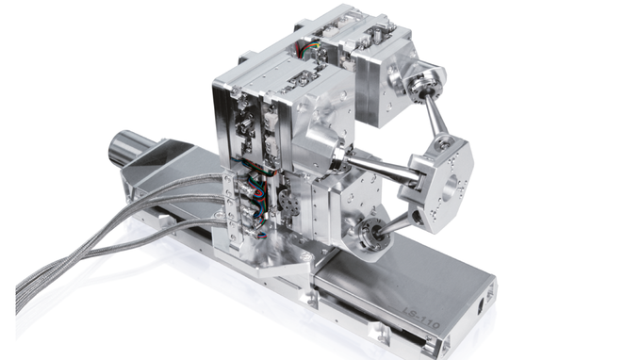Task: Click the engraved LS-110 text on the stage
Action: pos(421,317)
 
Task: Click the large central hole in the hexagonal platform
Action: pos(452,186)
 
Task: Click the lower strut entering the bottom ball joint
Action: pos(394,224)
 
